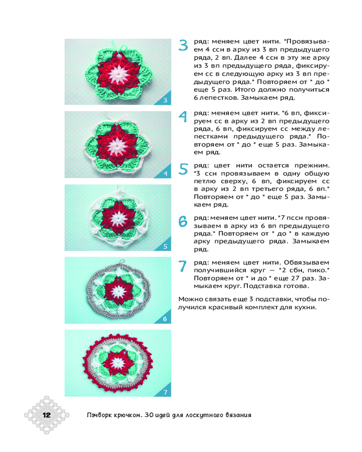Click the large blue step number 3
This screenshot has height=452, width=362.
183,45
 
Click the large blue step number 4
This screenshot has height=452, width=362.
183,117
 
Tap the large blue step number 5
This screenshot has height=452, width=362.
183,169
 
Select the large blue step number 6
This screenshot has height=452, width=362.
183,221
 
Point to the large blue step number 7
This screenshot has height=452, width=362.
183,266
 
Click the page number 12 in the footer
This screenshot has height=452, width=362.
47,415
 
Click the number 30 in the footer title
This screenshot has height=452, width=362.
149,415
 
